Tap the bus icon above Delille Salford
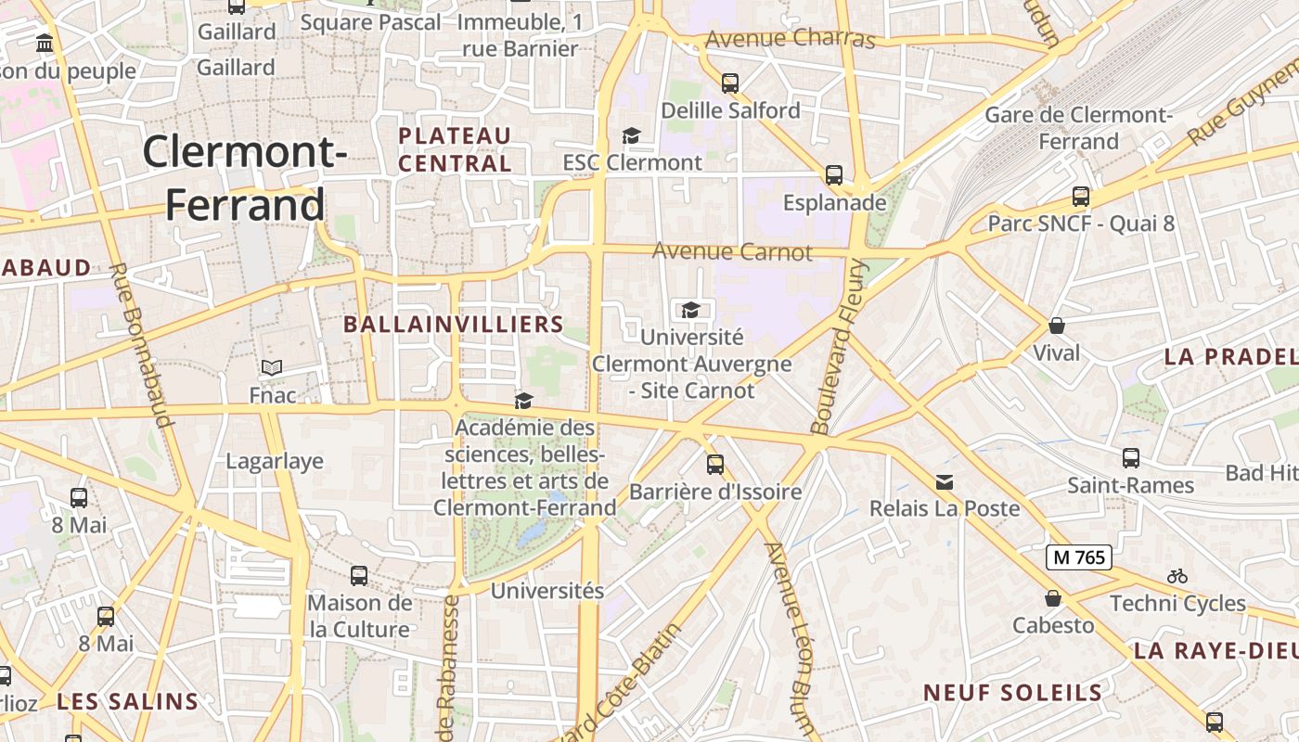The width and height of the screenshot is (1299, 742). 730,83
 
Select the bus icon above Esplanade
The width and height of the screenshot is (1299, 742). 834,174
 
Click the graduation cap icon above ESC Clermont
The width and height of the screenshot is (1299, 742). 632,136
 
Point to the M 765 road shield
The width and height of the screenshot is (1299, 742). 1079,557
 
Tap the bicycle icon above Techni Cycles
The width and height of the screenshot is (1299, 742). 1177,576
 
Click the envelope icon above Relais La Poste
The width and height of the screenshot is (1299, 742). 945,482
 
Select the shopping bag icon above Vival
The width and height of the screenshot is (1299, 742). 1056,326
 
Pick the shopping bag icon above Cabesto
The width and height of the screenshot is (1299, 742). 1053,598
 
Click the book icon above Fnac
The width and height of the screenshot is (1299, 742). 272,368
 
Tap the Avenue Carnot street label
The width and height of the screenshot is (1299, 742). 732,251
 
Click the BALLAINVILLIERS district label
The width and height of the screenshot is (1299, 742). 454,324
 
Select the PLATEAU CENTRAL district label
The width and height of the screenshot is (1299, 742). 455,149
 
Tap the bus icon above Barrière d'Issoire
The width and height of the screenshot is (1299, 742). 715,464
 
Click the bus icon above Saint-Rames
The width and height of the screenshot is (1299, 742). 1131,457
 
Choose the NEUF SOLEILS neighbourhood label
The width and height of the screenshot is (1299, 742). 1013,692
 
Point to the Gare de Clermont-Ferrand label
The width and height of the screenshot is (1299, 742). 1079,128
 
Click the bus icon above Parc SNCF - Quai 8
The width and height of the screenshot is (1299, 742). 1081,197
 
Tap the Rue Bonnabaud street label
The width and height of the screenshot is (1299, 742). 141,346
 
